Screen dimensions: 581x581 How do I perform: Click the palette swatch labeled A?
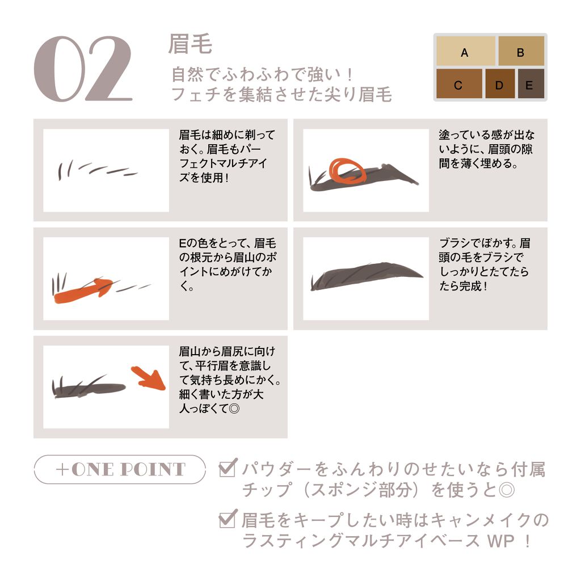[465, 50]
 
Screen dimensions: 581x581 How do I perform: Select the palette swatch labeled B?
[521, 50]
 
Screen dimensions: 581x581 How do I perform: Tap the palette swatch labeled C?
[459, 83]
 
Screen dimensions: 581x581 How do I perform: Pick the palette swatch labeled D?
[500, 83]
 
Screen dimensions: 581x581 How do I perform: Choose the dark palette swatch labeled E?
[531, 83]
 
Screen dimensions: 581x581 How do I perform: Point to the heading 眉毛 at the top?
[190, 44]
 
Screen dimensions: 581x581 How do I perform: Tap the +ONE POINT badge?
[120, 469]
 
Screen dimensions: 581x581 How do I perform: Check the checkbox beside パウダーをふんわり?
[228, 468]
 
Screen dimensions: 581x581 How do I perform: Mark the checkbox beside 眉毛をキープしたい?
[228, 519]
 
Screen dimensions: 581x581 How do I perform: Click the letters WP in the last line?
[501, 541]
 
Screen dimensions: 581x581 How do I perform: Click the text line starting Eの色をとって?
[228, 243]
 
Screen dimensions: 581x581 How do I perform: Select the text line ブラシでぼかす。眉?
[485, 243]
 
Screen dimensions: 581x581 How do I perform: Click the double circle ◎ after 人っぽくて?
[234, 409]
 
